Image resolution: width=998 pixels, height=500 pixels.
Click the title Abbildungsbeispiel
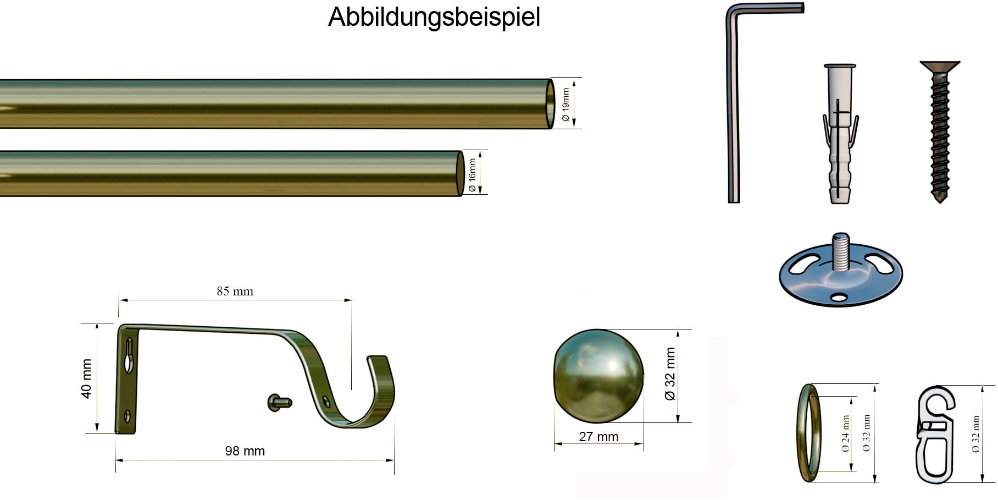434,17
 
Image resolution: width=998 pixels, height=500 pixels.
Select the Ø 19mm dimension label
565,105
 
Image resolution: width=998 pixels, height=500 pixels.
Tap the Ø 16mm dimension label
472,175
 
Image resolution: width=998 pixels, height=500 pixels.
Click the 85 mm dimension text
235,291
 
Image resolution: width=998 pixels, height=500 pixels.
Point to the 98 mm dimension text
245,451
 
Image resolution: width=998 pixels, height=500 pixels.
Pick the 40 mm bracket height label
87,378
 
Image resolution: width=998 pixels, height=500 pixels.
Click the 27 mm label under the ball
598,437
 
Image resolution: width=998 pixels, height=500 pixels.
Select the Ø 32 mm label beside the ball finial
670,374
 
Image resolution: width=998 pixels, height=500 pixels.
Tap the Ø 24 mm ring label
845,433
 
